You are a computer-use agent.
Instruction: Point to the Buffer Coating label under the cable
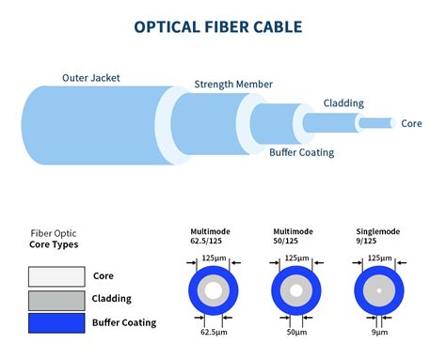301,151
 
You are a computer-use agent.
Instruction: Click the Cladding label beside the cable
343,102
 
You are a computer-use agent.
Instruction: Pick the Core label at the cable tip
411,123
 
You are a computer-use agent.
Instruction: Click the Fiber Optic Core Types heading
54,239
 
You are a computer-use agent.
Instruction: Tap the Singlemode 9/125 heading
375,235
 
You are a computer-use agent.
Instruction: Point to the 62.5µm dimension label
214,332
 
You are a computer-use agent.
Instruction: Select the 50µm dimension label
294,332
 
